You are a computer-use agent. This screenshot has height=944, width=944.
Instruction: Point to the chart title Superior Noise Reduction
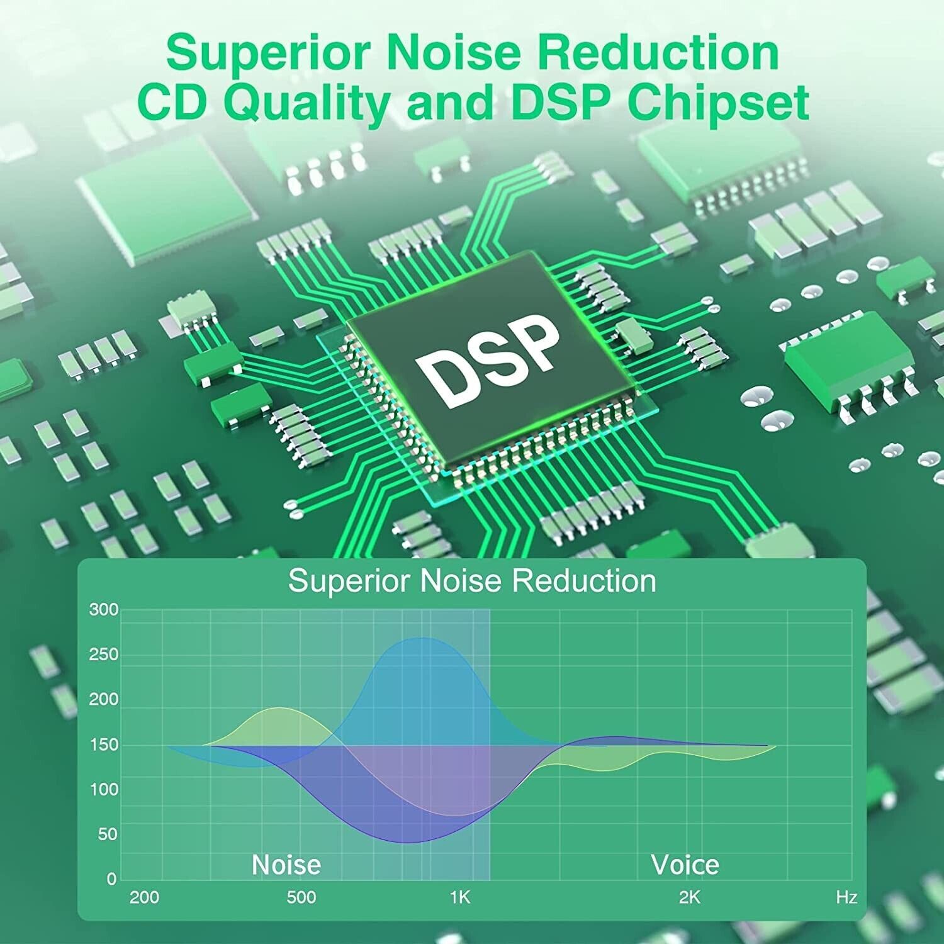[x=472, y=580]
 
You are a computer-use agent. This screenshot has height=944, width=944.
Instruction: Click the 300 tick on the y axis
[x=103, y=609]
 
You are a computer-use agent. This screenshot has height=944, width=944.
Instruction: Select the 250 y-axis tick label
[x=103, y=655]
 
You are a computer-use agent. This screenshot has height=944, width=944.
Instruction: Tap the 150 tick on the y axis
[x=103, y=745]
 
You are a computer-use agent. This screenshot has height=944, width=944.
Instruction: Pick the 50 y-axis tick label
[x=108, y=834]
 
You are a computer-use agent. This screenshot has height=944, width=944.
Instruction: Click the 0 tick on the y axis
[x=112, y=879]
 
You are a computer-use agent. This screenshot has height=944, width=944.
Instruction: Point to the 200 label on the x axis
[x=144, y=897]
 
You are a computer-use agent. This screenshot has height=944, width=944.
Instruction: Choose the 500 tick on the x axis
[x=301, y=897]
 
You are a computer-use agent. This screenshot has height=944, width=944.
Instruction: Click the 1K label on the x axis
[x=460, y=897]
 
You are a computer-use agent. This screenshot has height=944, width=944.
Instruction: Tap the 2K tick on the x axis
[x=689, y=897]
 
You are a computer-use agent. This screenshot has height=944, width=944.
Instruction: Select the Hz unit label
[x=846, y=897]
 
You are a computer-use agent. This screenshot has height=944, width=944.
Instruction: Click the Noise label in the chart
[x=286, y=865]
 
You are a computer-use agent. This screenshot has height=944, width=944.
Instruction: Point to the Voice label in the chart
[x=685, y=865]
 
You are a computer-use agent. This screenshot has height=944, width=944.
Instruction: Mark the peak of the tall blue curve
[x=420, y=638]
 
